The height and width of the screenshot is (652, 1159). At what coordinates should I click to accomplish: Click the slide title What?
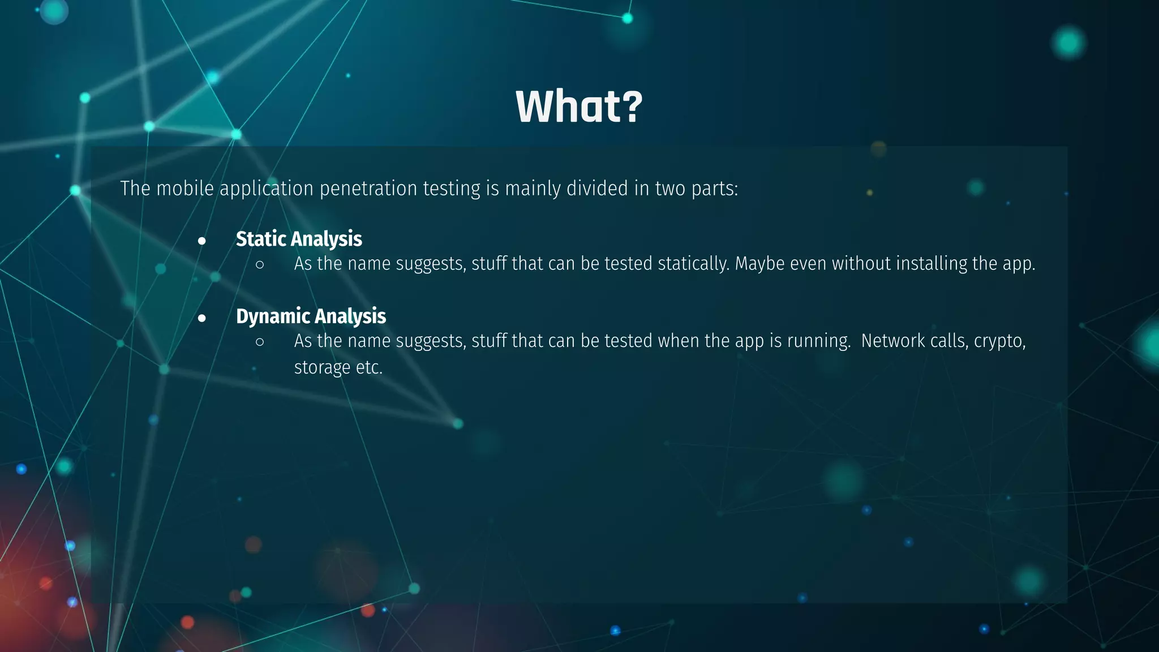tap(579, 106)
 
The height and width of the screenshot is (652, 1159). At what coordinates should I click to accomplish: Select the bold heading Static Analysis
tap(299, 239)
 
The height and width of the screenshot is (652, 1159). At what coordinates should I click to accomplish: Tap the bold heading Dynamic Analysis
tap(311, 316)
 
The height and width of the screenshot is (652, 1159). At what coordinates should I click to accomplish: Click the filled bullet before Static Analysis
tap(202, 241)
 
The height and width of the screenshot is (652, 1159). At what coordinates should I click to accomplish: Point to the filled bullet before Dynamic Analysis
tap(202, 319)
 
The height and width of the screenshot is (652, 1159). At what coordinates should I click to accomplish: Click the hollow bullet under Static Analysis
tap(260, 264)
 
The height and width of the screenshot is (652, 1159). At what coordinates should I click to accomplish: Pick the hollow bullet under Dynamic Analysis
tap(260, 341)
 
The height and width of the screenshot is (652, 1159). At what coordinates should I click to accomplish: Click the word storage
tap(322, 368)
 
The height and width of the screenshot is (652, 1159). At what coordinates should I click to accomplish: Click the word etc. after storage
tap(369, 367)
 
